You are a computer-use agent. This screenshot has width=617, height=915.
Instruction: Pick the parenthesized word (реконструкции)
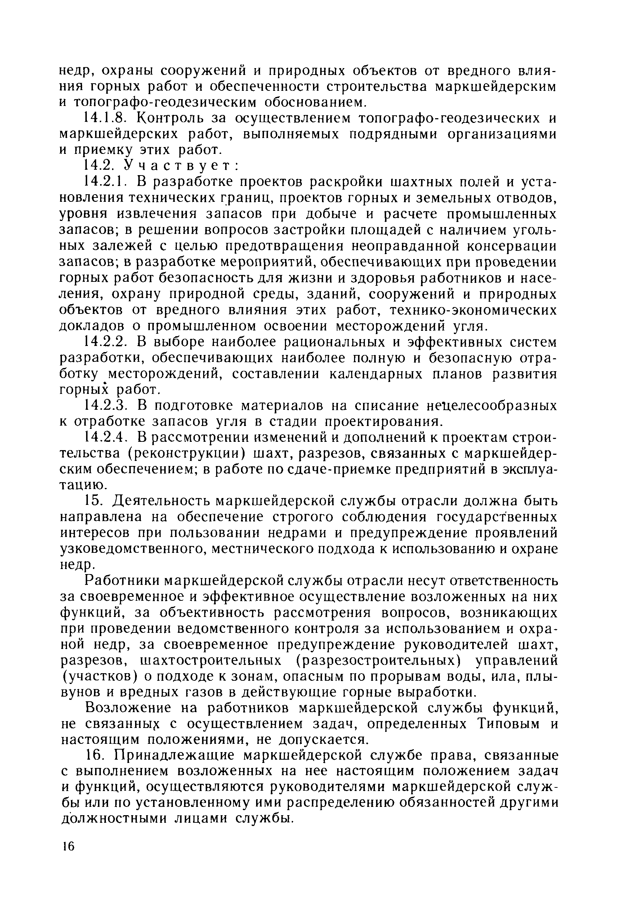pyautogui.click(x=187, y=454)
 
